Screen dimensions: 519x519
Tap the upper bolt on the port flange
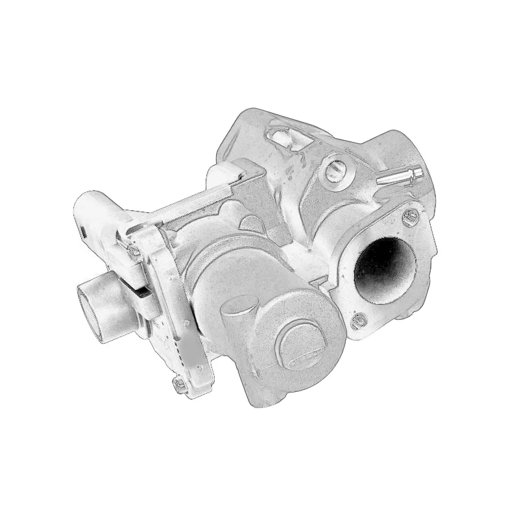click(x=409, y=216)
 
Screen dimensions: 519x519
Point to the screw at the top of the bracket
click(x=134, y=250)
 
